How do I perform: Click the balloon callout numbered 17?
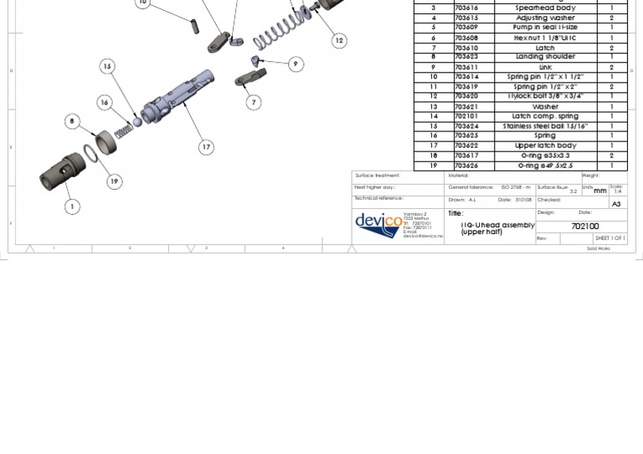(206, 147)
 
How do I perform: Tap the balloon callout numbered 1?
(72, 206)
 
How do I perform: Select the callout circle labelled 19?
(114, 181)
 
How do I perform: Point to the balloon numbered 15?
(107, 66)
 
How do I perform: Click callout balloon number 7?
(254, 102)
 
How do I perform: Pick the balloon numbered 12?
(339, 40)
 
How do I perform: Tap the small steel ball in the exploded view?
(138, 122)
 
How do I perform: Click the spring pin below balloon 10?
(195, 26)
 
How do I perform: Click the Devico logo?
(378, 224)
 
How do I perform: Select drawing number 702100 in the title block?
(584, 227)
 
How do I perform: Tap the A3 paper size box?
(616, 204)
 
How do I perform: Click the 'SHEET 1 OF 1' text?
(610, 238)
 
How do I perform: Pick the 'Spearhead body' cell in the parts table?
(544, 8)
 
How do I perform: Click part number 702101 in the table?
(466, 116)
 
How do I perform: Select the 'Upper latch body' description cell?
(544, 145)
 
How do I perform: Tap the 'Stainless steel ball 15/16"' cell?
(544, 126)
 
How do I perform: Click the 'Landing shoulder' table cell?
(544, 57)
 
